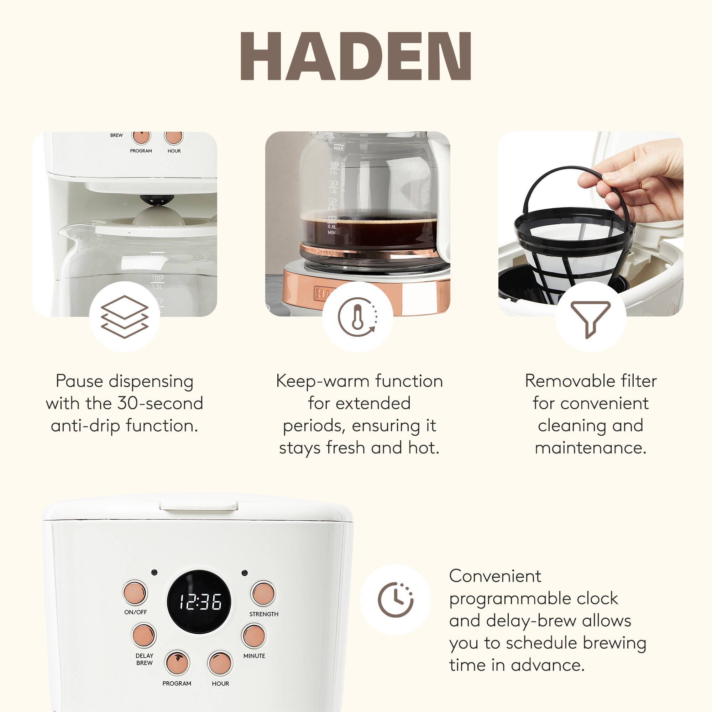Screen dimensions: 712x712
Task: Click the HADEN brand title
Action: click(356, 56)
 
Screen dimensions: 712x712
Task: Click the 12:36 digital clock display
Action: click(199, 602)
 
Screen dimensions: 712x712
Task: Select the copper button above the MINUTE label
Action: click(253, 636)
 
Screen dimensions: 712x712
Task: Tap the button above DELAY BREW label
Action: click(144, 635)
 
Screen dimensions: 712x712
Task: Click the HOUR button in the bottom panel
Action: click(220, 663)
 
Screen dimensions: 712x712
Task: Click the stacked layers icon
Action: click(125, 316)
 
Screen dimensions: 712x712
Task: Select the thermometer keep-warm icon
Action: click(357, 316)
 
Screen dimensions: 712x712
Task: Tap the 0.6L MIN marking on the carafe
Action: click(332, 230)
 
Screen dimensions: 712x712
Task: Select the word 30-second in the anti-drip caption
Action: click(160, 403)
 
